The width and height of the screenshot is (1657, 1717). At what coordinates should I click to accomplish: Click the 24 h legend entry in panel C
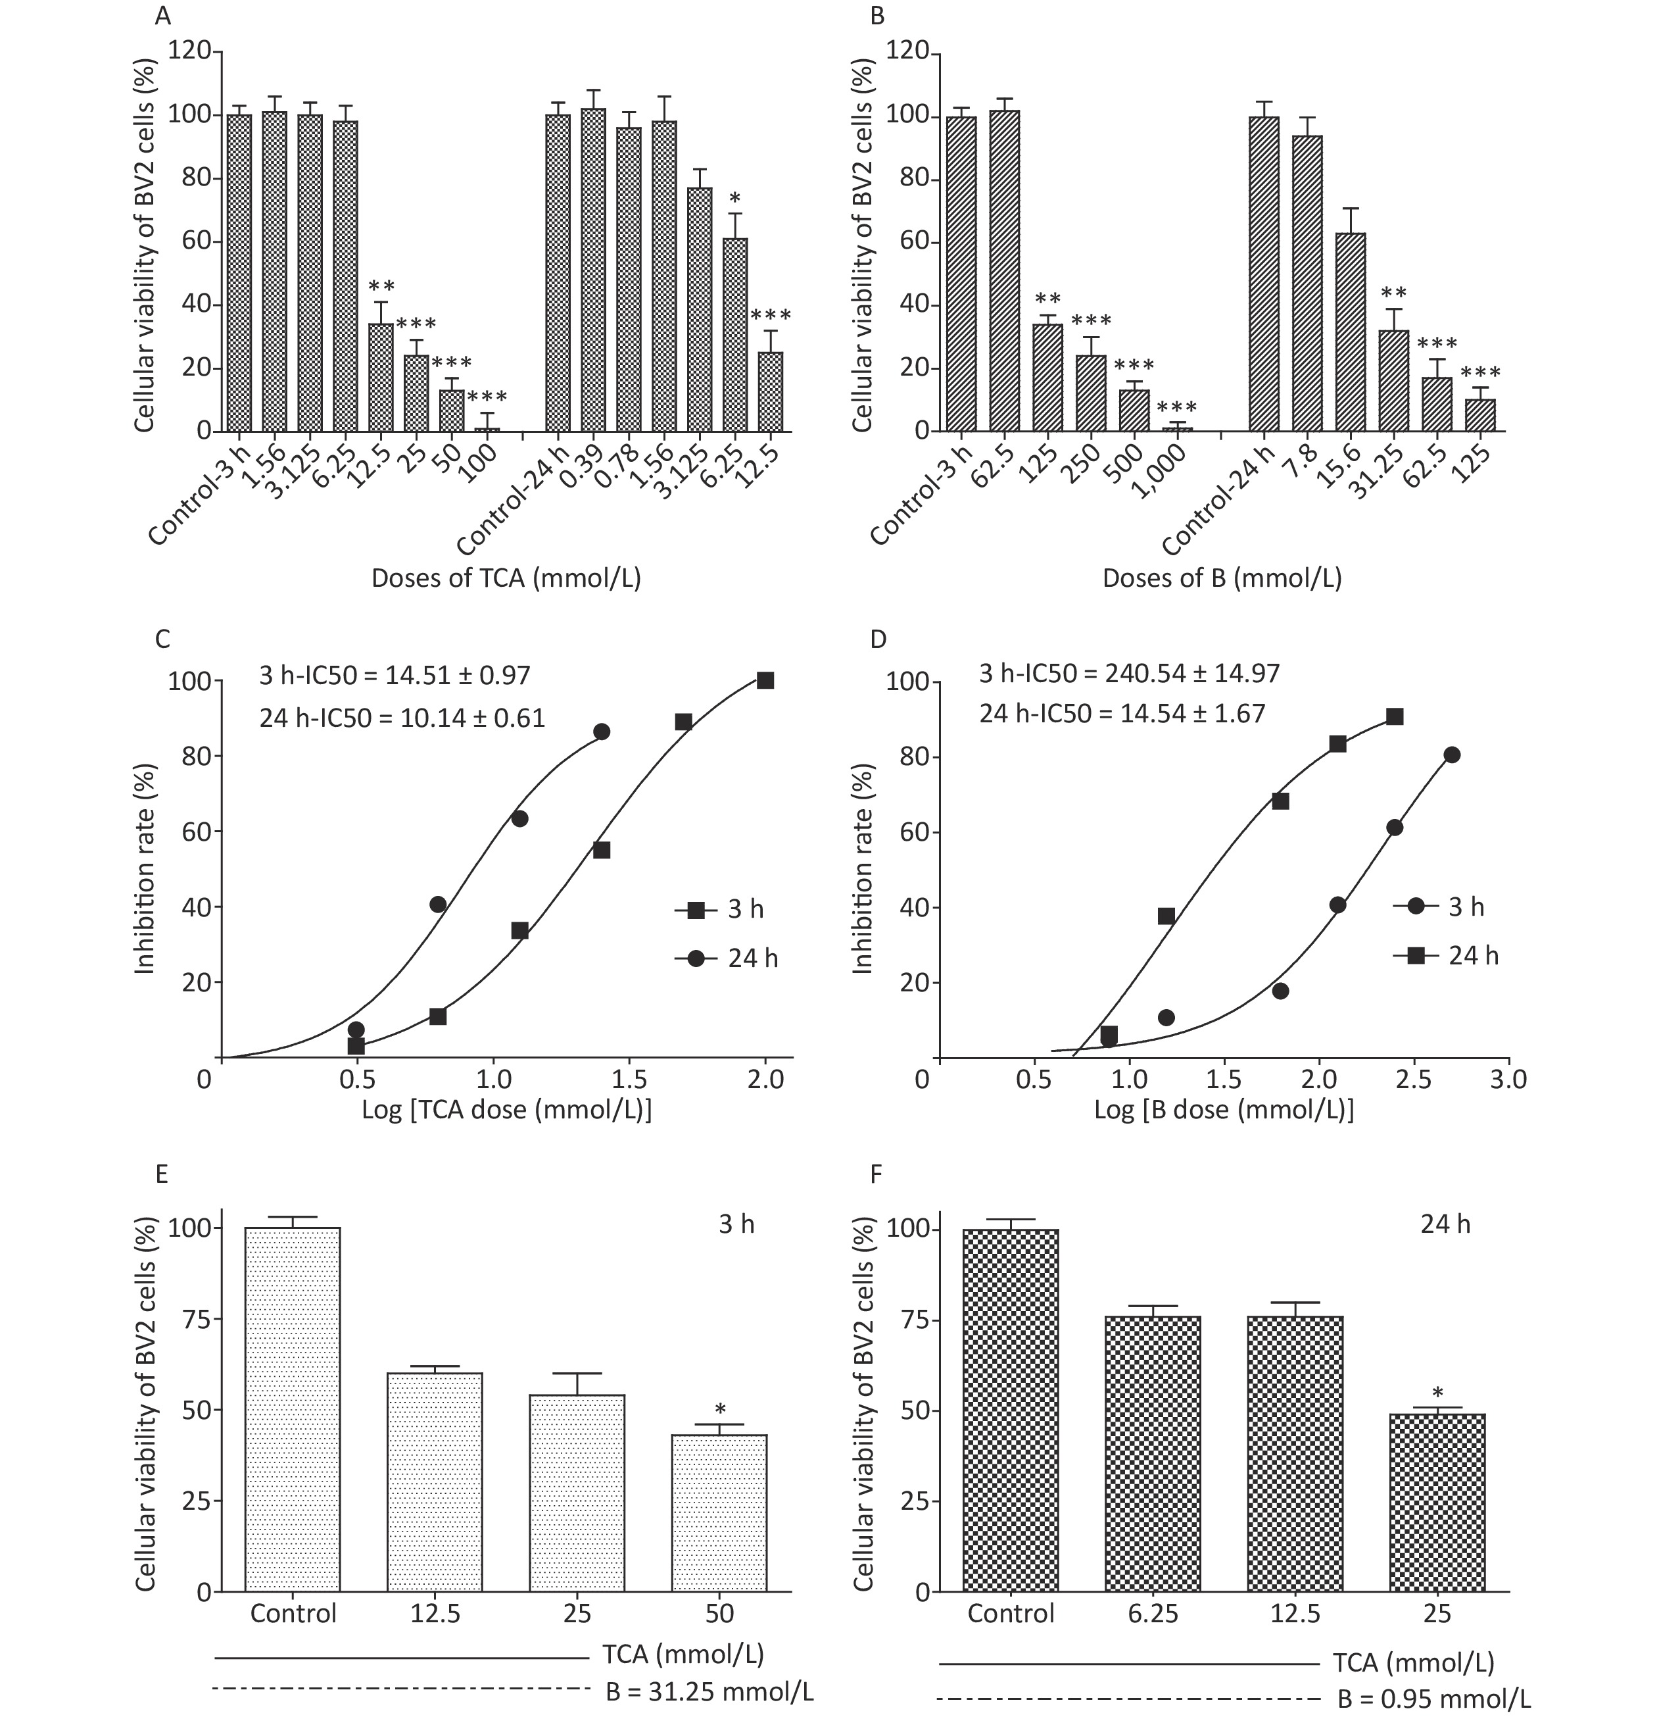[x=726, y=958]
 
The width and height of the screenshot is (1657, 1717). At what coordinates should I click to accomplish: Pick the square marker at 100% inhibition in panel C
[x=765, y=681]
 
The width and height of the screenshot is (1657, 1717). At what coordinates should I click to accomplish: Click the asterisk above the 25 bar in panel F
[x=1437, y=1392]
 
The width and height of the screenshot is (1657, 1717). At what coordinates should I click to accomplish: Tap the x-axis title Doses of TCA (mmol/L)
[x=506, y=579]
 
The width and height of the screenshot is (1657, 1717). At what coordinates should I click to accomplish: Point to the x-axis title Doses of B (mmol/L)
[x=1222, y=579]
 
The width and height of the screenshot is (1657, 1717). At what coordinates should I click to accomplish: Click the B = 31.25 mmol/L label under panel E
[x=709, y=1691]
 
